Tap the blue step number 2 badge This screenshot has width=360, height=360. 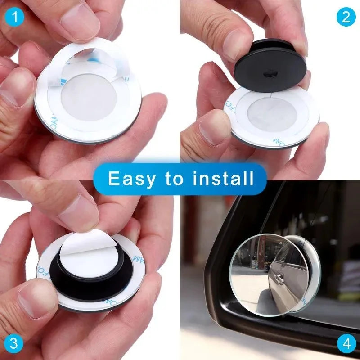point(346,17)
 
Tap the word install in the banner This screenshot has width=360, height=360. point(223,179)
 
